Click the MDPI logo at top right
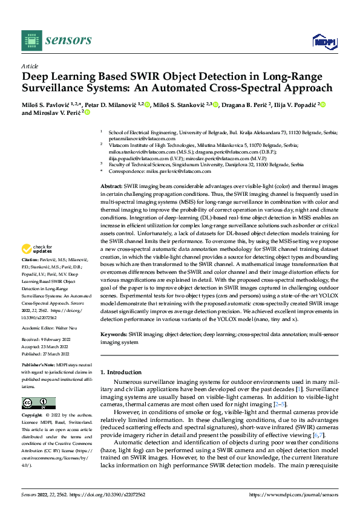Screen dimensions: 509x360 click(323, 41)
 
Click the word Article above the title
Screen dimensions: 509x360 click(30, 66)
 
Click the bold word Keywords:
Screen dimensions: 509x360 click(114, 333)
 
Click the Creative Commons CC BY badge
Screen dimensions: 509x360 click(38, 403)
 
